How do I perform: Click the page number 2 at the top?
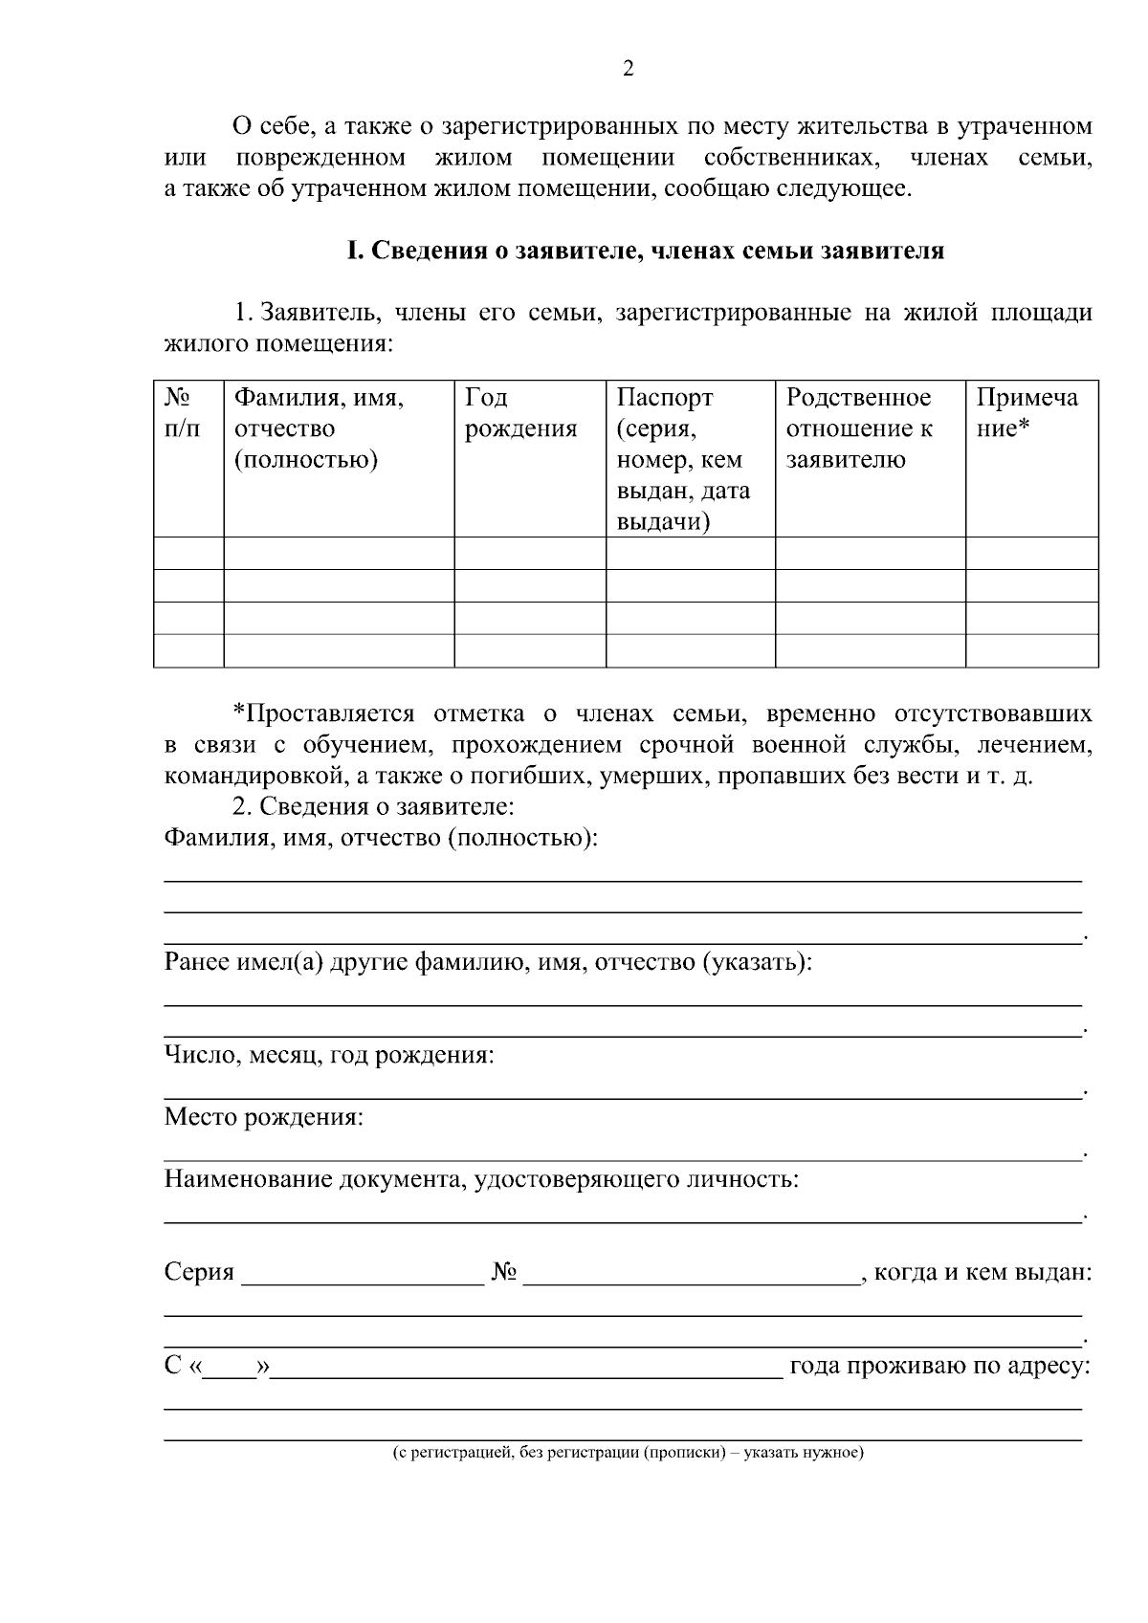[628, 69]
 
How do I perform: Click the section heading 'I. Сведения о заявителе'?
[645, 252]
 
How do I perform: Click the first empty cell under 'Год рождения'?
[529, 553]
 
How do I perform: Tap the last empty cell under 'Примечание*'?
[1030, 650]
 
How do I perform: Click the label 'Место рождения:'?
[264, 1117]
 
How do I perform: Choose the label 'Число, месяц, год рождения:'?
[329, 1055]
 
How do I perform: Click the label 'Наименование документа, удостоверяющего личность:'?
[481, 1179]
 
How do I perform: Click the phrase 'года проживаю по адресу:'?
[938, 1366]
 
